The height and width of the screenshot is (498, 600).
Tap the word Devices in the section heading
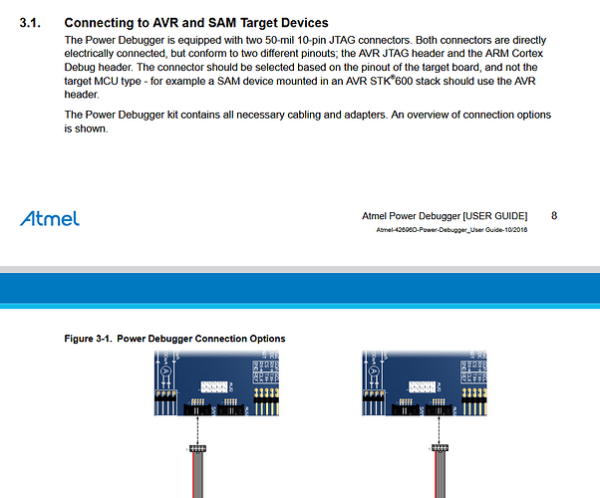pos(302,22)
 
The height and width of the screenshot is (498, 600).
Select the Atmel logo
pos(49,218)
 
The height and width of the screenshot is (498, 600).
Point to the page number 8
pos(553,215)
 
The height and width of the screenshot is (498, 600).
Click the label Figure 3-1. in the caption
pos(87,339)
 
